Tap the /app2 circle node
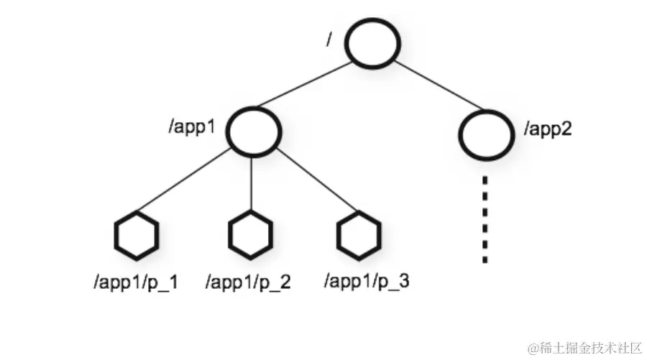point(486,134)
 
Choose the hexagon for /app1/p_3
point(357,235)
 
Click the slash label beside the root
point(329,40)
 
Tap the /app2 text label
point(548,130)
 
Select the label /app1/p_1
point(136,282)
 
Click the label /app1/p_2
point(249,282)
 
